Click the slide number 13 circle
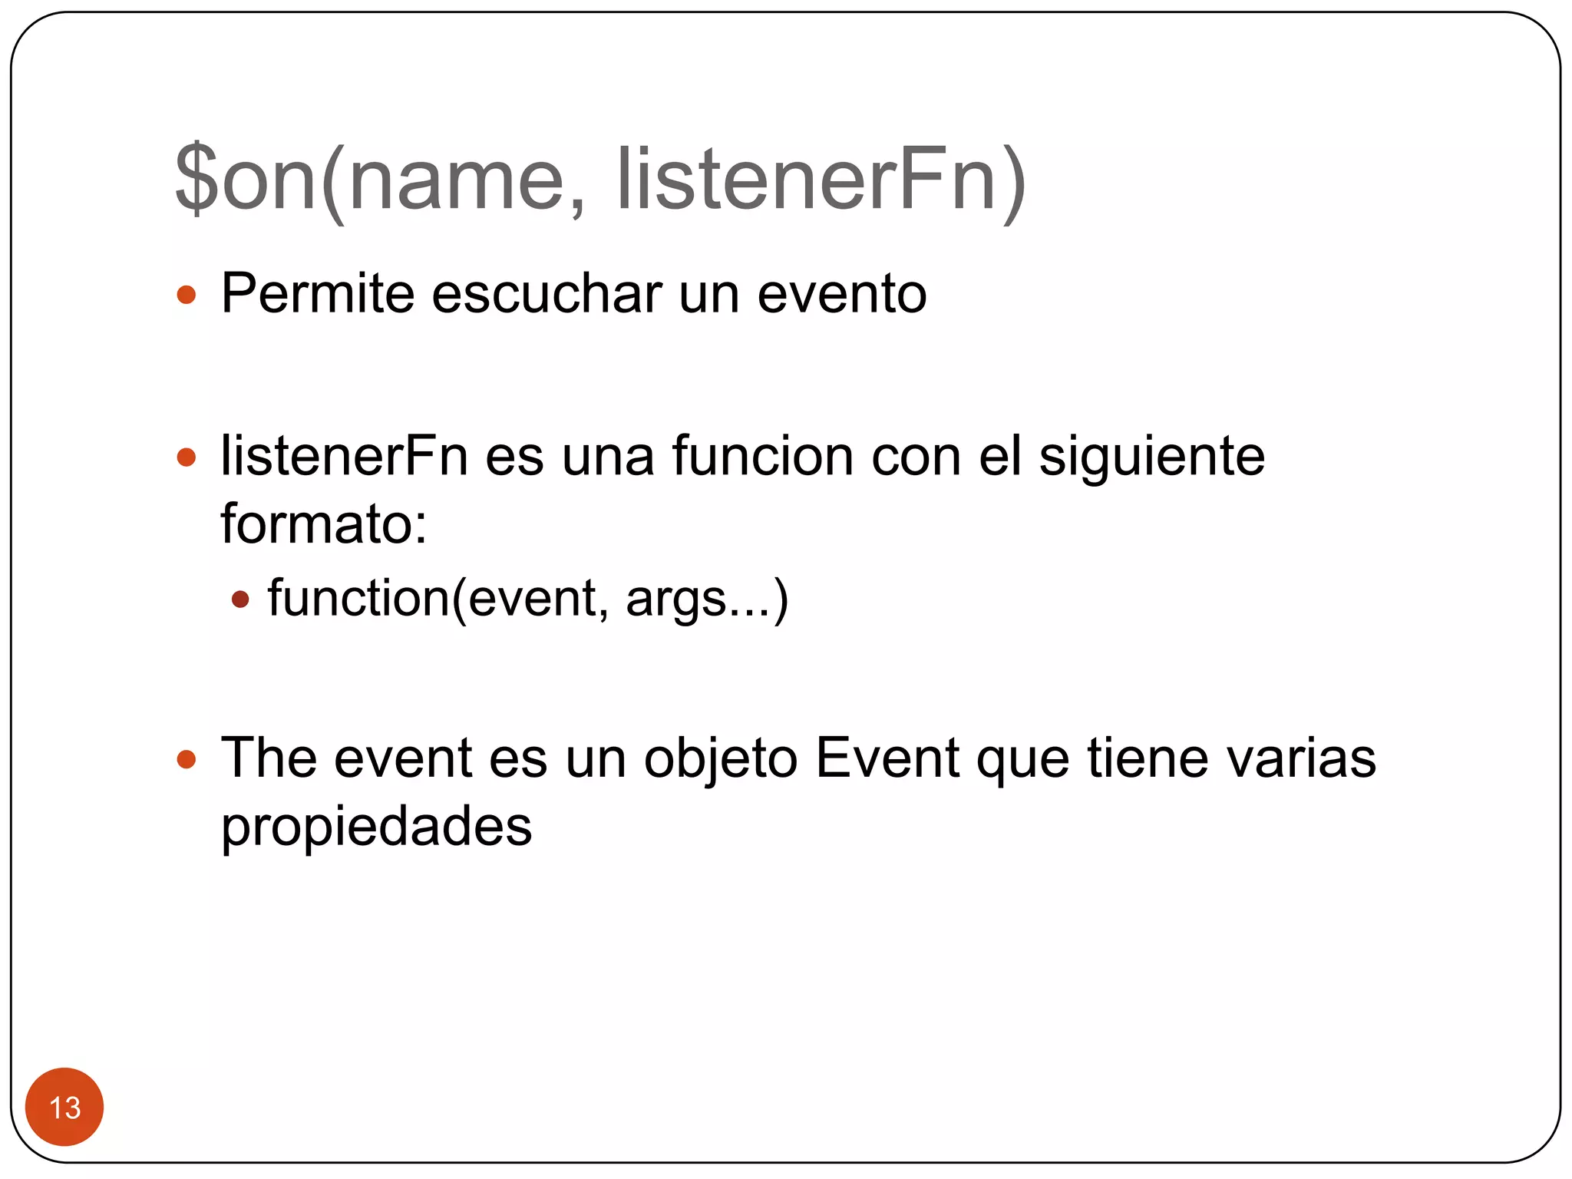[x=64, y=1107]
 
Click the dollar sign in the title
[x=197, y=178]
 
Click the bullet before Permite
[x=187, y=295]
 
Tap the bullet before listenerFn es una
[x=187, y=458]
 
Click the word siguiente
[x=1151, y=457]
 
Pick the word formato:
[x=324, y=524]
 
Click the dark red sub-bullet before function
[x=241, y=599]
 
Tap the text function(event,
[x=438, y=599]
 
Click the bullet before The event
[x=187, y=760]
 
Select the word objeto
[x=721, y=760]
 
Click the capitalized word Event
[x=887, y=758]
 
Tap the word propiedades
[x=376, y=827]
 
